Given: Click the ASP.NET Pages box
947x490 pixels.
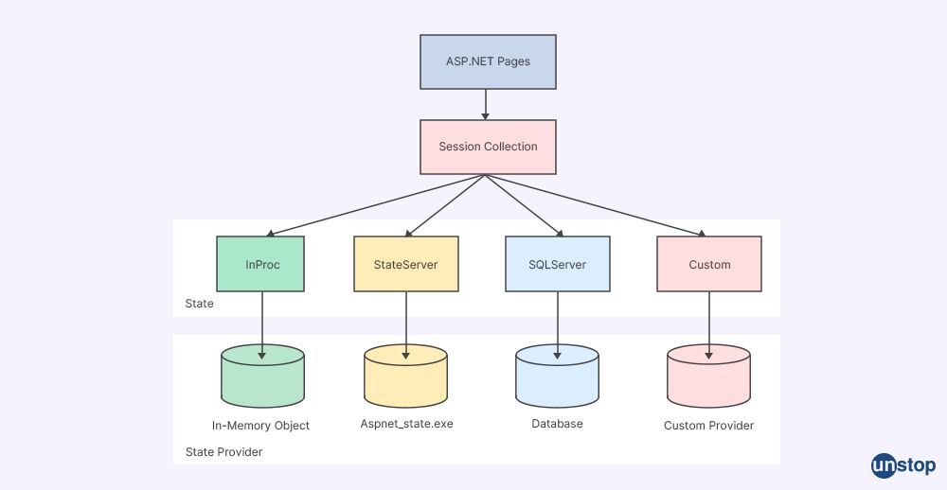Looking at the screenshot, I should coord(488,61).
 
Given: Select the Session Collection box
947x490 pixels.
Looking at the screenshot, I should coord(488,147).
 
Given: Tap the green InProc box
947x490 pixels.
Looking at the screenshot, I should coord(262,264).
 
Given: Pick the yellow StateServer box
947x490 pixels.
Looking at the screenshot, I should coord(406,264).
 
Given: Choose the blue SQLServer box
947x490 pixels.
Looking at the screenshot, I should coord(557,264).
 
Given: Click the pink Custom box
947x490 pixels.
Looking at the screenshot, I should coord(709,264).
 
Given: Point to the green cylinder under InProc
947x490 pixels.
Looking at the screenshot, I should coord(262,378).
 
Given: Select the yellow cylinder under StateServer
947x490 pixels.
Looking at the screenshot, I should coord(406,378).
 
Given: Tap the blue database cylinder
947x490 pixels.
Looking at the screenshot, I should coord(557,378).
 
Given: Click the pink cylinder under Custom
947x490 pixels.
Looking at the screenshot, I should coord(709,378).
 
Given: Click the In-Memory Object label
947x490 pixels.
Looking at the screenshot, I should coord(260,426).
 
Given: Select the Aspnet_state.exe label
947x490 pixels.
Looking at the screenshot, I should coord(406,424).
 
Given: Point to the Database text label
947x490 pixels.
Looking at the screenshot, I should coord(557,424).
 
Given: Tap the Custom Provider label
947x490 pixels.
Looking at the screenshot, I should coord(708,426).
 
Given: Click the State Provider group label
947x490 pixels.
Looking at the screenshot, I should coord(223,452).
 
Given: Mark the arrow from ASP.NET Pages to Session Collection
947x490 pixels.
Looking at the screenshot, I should coord(486,104).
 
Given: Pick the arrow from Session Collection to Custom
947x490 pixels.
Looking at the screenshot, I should coord(597,204).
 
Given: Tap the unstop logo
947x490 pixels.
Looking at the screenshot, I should coord(902,465).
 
